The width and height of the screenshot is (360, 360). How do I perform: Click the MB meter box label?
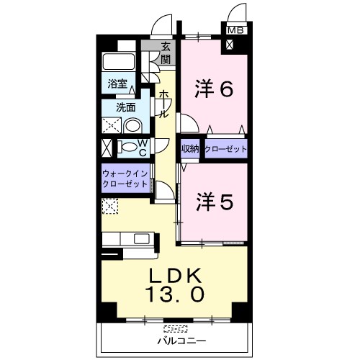pyautogui.click(x=235, y=30)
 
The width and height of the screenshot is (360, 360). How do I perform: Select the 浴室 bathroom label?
pyautogui.click(x=117, y=84)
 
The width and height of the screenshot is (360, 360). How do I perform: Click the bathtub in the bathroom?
pyautogui.click(x=118, y=61)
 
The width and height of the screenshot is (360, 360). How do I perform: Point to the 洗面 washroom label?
pyautogui.click(x=126, y=107)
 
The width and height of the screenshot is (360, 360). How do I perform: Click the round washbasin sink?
pyautogui.click(x=132, y=126)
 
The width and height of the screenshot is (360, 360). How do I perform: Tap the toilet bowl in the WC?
pyautogui.click(x=128, y=147)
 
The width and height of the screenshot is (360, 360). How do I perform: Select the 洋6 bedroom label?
pyautogui.click(x=214, y=89)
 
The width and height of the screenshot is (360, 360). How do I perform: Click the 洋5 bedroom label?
pyautogui.click(x=215, y=202)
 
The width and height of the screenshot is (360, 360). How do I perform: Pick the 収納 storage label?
pyautogui.click(x=190, y=149)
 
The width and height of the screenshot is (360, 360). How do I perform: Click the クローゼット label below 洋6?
pyautogui.click(x=225, y=149)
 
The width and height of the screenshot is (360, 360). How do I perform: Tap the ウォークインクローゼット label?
pyautogui.click(x=125, y=179)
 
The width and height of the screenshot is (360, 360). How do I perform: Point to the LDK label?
pyautogui.click(x=175, y=276)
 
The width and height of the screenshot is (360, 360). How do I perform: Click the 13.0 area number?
pyautogui.click(x=175, y=294)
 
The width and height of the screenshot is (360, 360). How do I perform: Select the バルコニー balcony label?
pyautogui.click(x=181, y=341)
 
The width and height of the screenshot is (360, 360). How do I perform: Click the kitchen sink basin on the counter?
pyautogui.click(x=141, y=238)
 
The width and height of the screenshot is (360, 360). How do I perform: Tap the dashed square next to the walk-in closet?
pyautogui.click(x=110, y=206)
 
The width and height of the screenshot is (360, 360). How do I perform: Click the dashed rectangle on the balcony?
pyautogui.click(x=176, y=328)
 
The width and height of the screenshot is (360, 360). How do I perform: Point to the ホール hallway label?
pyautogui.click(x=164, y=104)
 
